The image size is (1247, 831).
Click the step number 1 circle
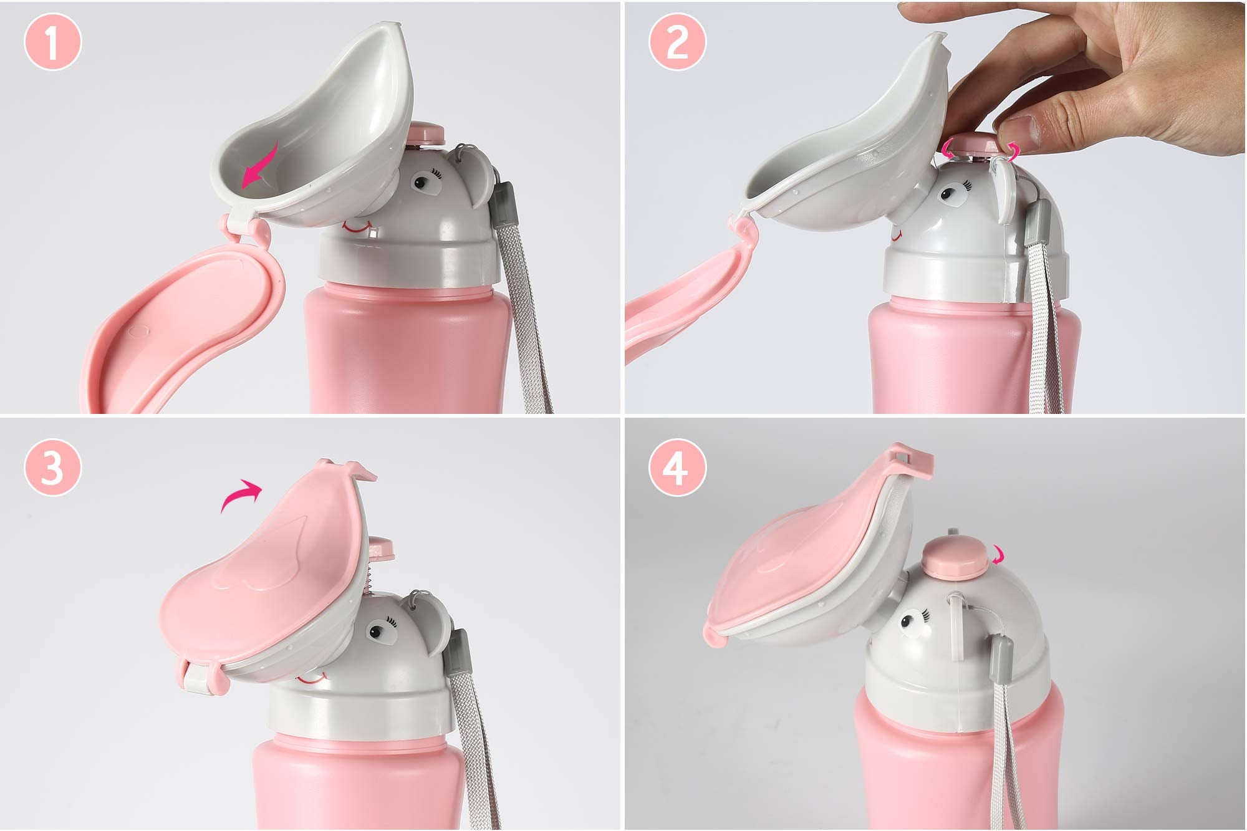tap(53, 42)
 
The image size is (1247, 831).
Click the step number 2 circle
tap(678, 43)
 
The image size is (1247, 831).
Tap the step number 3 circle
tap(53, 468)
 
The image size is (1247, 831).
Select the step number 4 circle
tap(678, 468)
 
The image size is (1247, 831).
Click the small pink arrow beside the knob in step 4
tap(997, 554)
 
